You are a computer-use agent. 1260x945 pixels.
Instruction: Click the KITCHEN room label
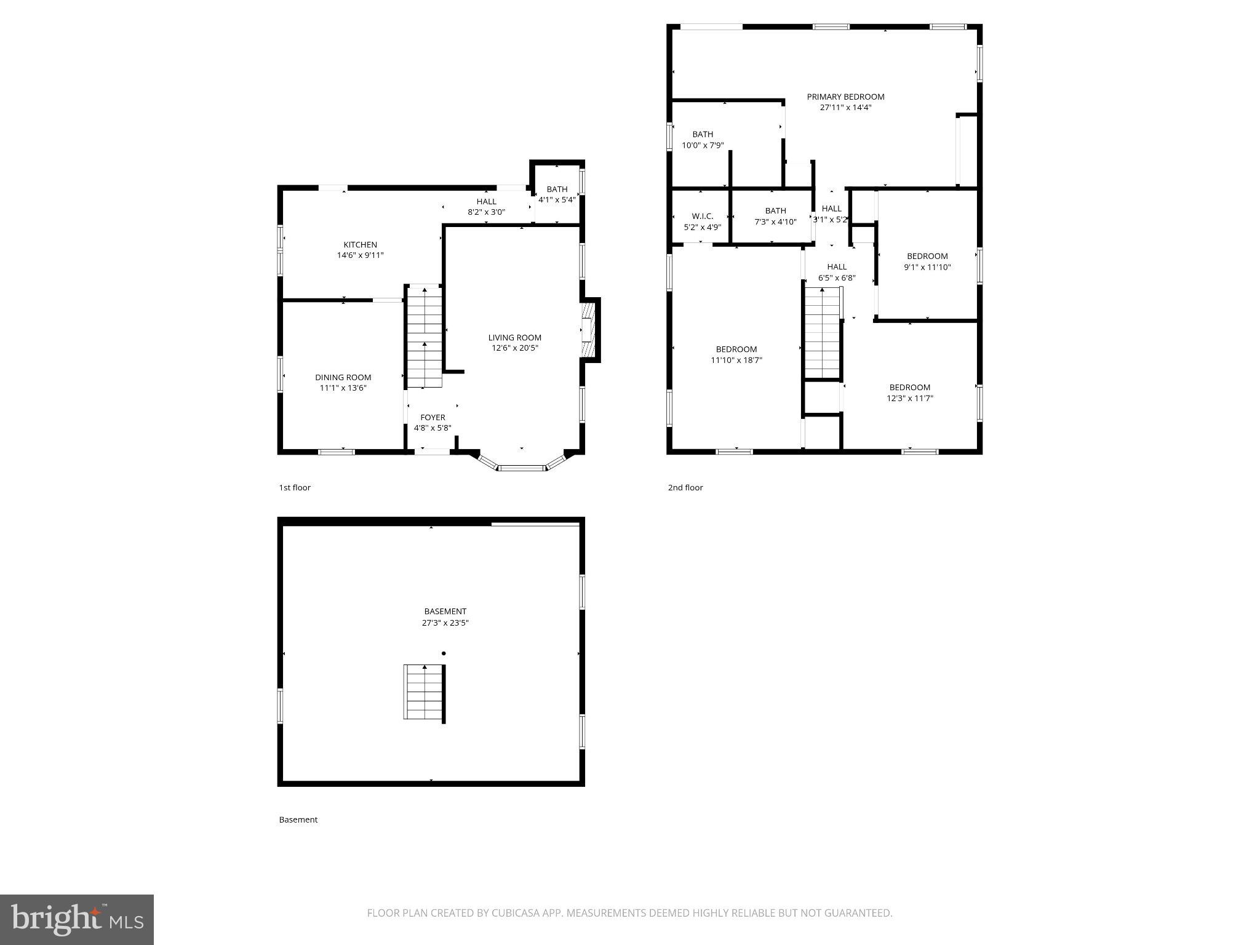click(360, 245)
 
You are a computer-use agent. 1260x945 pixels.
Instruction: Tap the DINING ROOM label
click(343, 378)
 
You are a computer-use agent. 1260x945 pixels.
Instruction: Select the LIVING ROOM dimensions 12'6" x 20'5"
click(514, 348)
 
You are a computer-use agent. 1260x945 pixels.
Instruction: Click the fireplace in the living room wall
click(589, 330)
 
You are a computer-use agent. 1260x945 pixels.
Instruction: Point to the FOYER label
click(433, 418)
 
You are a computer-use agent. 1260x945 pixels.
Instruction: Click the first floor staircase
click(425, 337)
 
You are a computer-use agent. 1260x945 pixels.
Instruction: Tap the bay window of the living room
click(522, 466)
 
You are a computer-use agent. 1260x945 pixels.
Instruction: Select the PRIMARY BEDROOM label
click(845, 97)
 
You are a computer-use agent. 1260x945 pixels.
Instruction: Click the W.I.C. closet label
click(702, 217)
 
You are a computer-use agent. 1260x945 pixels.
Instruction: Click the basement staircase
click(424, 692)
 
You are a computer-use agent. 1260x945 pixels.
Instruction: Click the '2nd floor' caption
click(685, 488)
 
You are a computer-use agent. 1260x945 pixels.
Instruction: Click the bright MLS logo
click(76, 919)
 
